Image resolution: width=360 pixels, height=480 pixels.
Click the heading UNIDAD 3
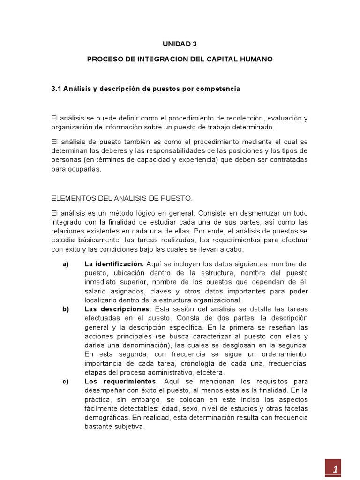[x=180, y=44]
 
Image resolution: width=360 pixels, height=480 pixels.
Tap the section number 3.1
[x=56, y=89]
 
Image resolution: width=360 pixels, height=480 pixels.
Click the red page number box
[x=334, y=469]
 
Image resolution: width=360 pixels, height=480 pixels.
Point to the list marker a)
[x=66, y=264]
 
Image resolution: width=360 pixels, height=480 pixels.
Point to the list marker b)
[x=66, y=309]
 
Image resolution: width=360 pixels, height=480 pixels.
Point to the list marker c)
[x=66, y=382]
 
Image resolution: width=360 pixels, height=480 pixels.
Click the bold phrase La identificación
[x=114, y=264]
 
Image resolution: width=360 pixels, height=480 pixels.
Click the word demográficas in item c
[x=106, y=418]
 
